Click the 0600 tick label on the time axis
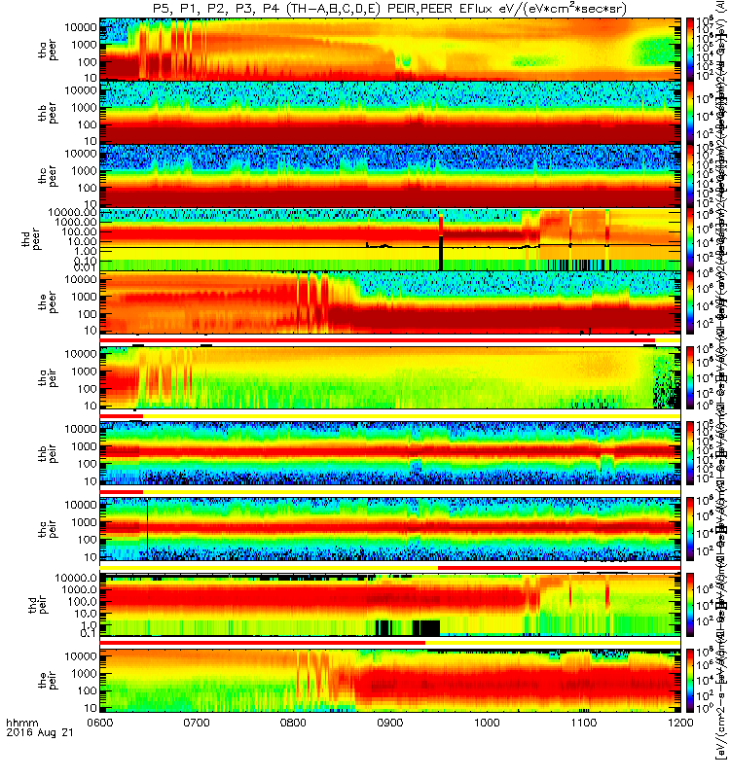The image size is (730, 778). pyautogui.click(x=100, y=751)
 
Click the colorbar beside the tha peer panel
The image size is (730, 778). pyautogui.click(x=691, y=49)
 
